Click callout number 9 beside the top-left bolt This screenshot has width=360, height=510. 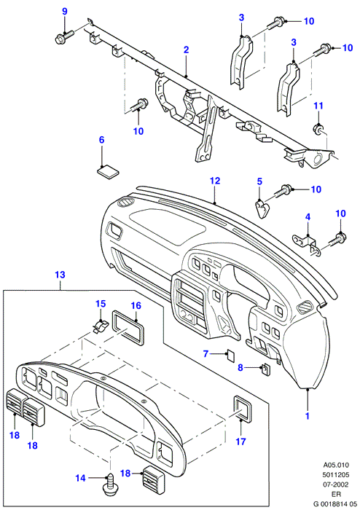65,12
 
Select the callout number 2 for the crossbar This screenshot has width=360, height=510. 186,50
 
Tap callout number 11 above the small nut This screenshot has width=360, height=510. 318,106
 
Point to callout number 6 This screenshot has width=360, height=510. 101,140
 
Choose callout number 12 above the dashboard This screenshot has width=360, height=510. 215,181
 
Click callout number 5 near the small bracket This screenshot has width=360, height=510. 259,181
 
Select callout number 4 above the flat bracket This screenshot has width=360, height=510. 308,216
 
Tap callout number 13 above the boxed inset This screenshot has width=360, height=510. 60,275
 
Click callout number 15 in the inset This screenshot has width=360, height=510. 101,304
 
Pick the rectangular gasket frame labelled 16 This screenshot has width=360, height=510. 128,328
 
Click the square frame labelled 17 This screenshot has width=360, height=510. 243,409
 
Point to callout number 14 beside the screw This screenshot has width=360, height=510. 81,478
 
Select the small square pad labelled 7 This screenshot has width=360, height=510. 231,356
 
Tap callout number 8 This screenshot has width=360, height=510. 240,367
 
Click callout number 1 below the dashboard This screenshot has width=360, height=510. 308,415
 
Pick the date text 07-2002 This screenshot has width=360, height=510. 335,484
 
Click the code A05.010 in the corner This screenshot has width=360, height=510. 336,465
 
